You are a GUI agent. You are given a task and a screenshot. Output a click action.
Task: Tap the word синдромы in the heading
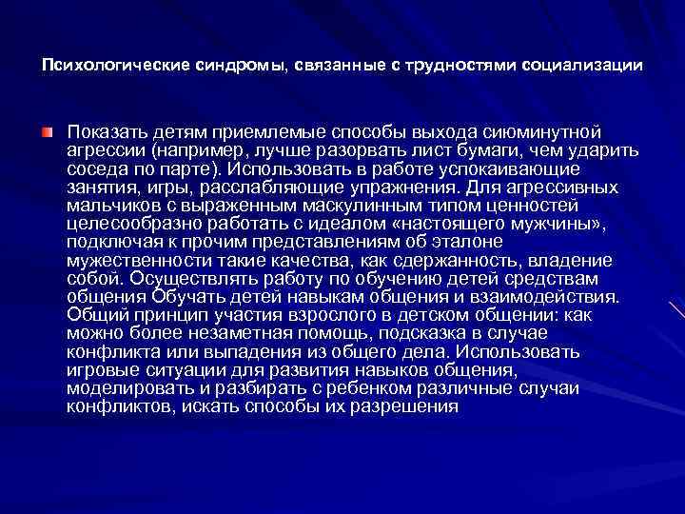[x=225, y=67]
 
